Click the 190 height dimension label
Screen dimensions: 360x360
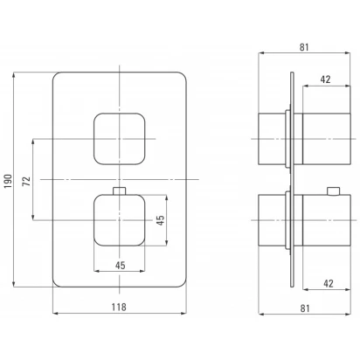click(8, 181)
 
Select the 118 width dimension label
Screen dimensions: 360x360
click(119, 307)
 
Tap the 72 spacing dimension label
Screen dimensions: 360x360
click(26, 181)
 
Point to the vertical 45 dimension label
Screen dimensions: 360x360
click(160, 220)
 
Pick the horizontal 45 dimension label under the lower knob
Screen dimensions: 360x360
click(120, 266)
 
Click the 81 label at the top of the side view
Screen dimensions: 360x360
click(304, 47)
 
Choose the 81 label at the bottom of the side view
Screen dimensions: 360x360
click(305, 308)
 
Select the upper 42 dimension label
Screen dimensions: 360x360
click(326, 80)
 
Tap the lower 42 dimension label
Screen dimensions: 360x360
click(328, 283)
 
